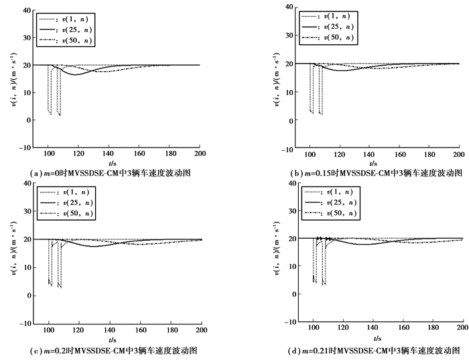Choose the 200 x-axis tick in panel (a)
pyautogui.click(x=200, y=154)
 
